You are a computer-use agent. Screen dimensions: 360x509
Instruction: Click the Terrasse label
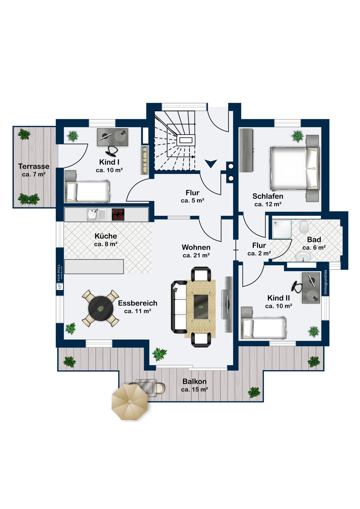[34, 166]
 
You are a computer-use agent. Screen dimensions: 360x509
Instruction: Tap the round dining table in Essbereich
[101, 308]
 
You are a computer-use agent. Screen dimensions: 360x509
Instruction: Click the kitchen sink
[96, 214]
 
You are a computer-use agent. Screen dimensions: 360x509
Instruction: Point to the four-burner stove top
[118, 214]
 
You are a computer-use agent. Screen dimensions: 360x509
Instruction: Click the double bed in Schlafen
[295, 168]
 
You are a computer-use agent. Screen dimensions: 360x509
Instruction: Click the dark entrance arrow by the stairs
[211, 163]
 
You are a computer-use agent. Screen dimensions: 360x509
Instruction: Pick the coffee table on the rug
[201, 307]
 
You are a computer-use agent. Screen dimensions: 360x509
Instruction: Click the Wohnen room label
[196, 247]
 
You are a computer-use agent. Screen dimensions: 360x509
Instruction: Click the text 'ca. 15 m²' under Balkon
[195, 390]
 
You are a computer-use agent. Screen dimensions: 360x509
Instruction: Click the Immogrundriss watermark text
[325, 282]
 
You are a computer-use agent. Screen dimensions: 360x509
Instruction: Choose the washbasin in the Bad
[303, 257]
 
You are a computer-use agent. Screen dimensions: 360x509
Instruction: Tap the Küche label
[106, 236]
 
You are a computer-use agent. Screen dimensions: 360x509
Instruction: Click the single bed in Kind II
[263, 328]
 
